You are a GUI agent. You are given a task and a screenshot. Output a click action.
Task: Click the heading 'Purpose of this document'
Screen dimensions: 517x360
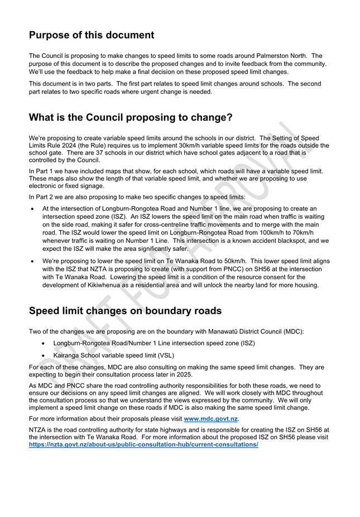pyautogui.click(x=92, y=35)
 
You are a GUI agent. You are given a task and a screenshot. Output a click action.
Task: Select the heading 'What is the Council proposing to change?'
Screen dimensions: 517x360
pyautogui.click(x=131, y=118)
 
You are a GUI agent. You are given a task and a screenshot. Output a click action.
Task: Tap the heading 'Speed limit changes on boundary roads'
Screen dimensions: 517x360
pyautogui.click(x=125, y=311)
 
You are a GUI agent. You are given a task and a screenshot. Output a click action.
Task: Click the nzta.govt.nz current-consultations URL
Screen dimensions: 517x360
pyautogui.click(x=143, y=445)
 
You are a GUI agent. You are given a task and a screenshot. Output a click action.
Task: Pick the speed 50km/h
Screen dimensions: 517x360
pyautogui.click(x=224, y=261)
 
